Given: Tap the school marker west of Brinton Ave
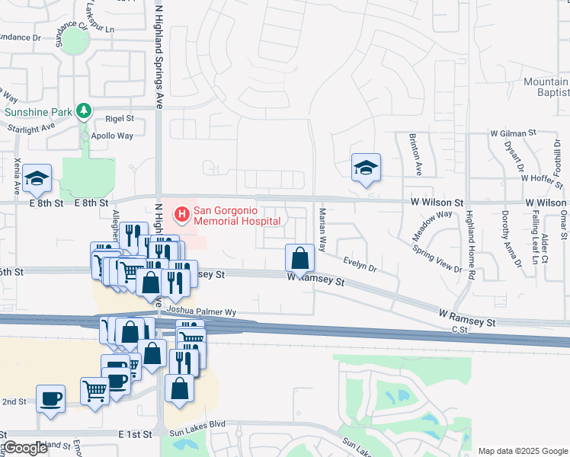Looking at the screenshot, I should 367,168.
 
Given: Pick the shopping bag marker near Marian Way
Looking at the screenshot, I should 300,259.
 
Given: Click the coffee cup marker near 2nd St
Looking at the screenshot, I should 51,399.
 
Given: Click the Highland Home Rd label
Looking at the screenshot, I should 470,244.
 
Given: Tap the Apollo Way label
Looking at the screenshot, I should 113,136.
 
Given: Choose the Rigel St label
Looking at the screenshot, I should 120,119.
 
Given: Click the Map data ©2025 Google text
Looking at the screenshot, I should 523,451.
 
